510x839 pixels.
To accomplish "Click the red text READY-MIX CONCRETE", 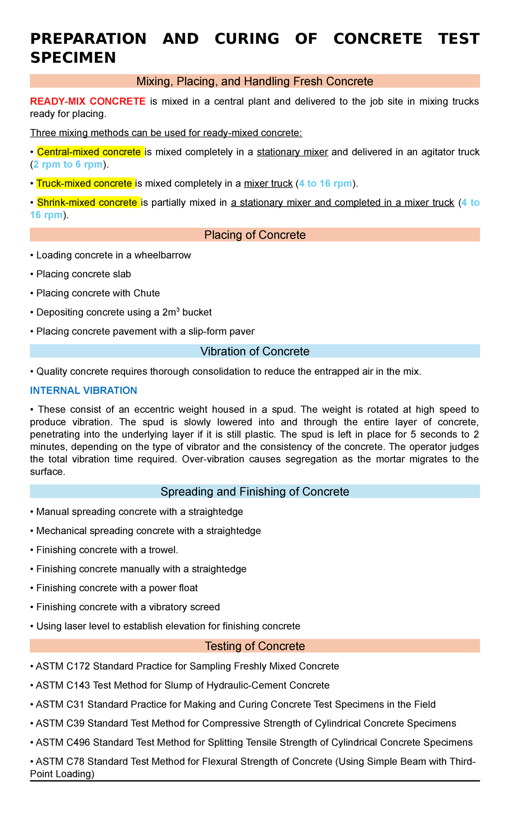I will point(88,101).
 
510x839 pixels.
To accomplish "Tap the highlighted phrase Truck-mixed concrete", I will point(84,183).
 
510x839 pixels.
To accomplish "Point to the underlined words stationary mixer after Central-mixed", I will point(292,152).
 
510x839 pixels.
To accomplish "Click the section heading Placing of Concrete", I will point(255,235).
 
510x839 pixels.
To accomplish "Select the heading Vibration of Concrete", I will point(255,351).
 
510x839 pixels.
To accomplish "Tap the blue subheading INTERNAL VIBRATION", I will point(84,391).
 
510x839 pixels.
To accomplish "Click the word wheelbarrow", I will point(168,255).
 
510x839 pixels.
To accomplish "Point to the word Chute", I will point(146,293).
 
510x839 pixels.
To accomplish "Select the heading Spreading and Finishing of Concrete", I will point(255,492).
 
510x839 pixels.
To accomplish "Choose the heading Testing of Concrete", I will point(255,646).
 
